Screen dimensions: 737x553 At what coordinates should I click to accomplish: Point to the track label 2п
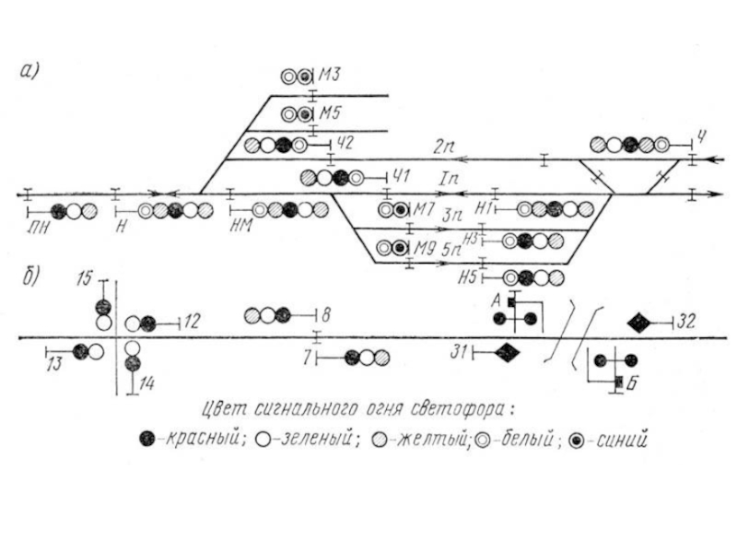click(x=446, y=146)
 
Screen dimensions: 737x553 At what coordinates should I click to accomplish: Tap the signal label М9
click(x=423, y=247)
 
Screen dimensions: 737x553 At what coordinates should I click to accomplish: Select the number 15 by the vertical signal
click(x=85, y=277)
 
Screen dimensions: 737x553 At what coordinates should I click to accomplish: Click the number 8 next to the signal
click(x=326, y=315)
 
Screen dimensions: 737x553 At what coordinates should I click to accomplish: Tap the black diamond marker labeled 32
click(x=639, y=322)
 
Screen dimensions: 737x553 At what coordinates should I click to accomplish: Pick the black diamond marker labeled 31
click(x=506, y=351)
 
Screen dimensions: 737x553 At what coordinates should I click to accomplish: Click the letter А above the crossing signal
click(x=496, y=300)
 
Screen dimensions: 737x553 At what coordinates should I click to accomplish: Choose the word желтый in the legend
click(x=432, y=439)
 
